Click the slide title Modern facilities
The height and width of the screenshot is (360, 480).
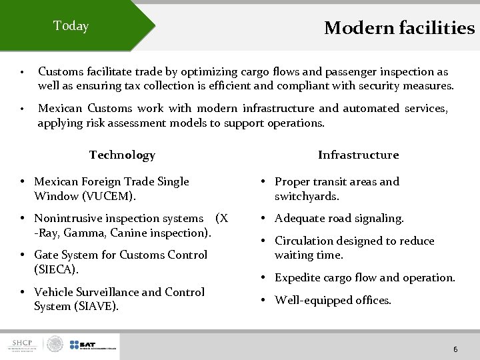click(x=399, y=28)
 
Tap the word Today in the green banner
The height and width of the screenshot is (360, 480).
click(x=71, y=26)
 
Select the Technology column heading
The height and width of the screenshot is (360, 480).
click(x=122, y=155)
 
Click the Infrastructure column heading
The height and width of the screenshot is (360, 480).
click(x=358, y=155)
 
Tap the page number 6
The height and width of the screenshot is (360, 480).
click(x=455, y=349)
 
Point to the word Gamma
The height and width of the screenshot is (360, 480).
click(x=85, y=233)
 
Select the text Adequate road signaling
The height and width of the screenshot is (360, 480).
click(x=339, y=218)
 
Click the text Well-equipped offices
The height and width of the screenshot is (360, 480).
click(x=333, y=300)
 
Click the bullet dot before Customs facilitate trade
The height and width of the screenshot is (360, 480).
click(x=22, y=72)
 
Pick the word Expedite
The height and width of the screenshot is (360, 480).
click(x=299, y=277)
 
